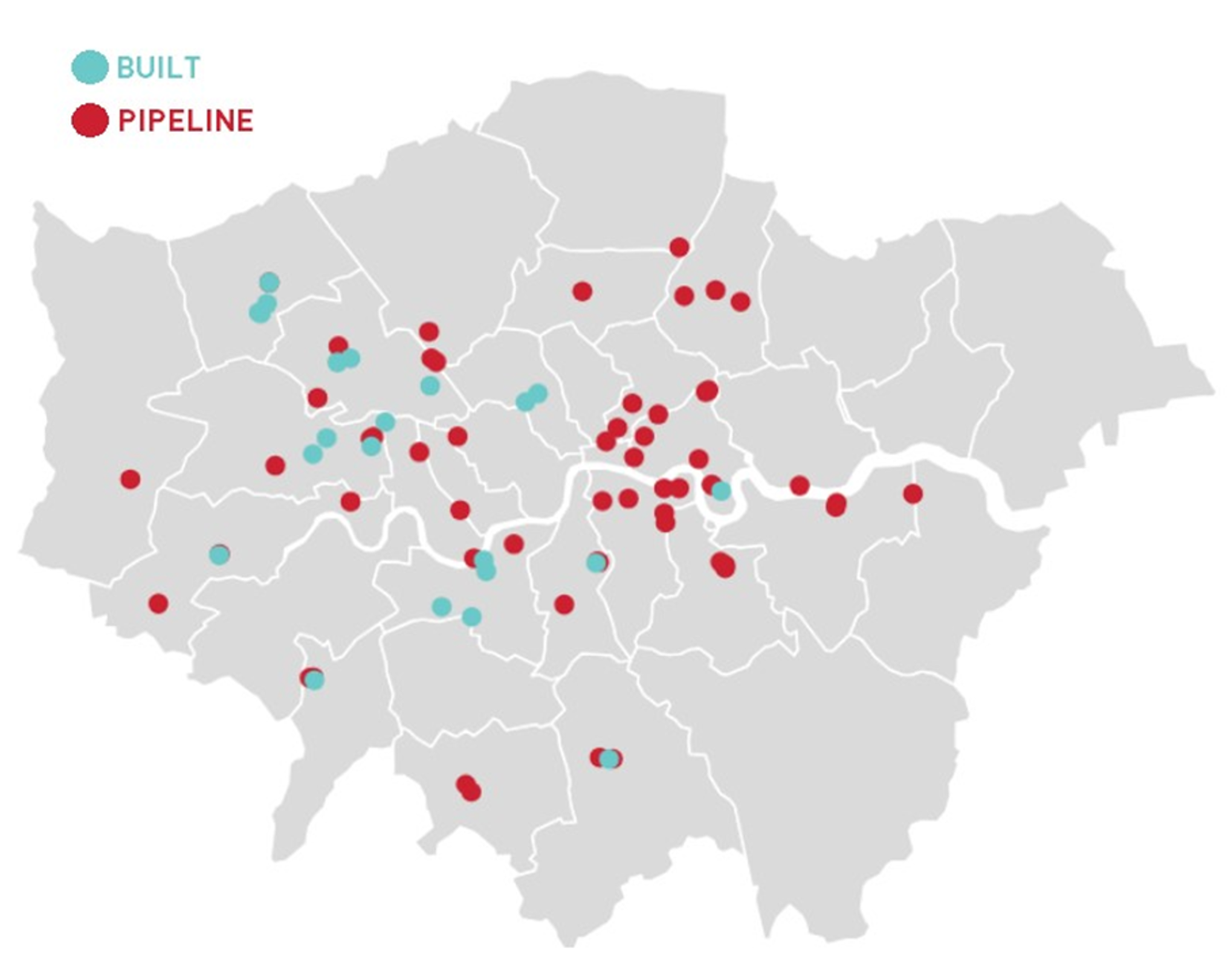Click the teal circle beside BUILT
click(x=90, y=67)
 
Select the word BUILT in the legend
click(x=158, y=68)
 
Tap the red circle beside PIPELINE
click(x=90, y=120)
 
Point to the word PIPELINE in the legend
click(x=186, y=121)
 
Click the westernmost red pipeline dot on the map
click(x=130, y=479)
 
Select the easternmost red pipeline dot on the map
click(x=913, y=493)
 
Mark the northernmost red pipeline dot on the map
click(x=679, y=246)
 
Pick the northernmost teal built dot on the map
click(x=269, y=282)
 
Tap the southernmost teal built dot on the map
click(x=610, y=758)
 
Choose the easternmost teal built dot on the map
click(x=721, y=491)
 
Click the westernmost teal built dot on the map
click(x=219, y=554)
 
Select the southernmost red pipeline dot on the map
click(x=471, y=792)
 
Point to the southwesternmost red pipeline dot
click(x=158, y=603)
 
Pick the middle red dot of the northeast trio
click(x=715, y=289)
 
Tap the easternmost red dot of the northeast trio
click(x=740, y=301)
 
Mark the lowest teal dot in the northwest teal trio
click(x=259, y=313)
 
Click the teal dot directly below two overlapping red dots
click(x=430, y=385)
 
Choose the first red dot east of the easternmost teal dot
click(x=799, y=486)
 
